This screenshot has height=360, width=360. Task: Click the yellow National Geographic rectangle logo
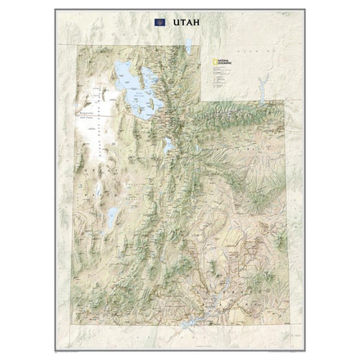[215, 64]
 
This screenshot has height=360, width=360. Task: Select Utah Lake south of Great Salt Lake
[168, 146]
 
